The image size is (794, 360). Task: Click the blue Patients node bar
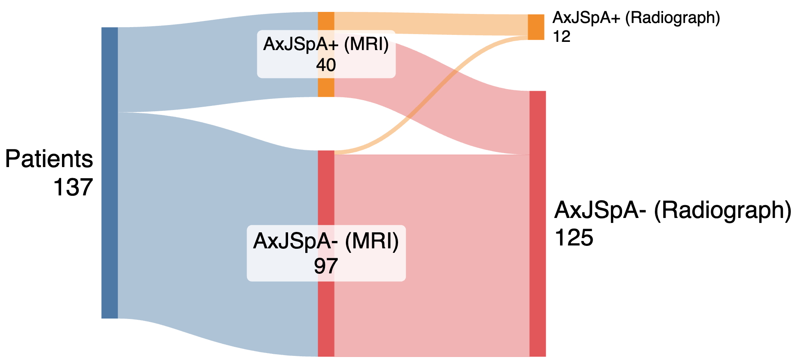[x=110, y=172]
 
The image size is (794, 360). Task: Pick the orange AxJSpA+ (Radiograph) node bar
[x=535, y=27]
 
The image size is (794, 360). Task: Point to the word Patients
[x=49, y=159]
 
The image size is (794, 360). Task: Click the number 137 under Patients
[x=73, y=187]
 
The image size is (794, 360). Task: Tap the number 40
[x=326, y=65]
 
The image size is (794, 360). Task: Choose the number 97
[x=326, y=266]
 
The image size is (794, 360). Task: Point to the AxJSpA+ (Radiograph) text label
[x=636, y=18]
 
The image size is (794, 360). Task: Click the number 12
[x=562, y=37]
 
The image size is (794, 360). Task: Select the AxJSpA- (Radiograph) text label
[x=673, y=210]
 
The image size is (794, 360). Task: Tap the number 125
[x=574, y=237]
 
